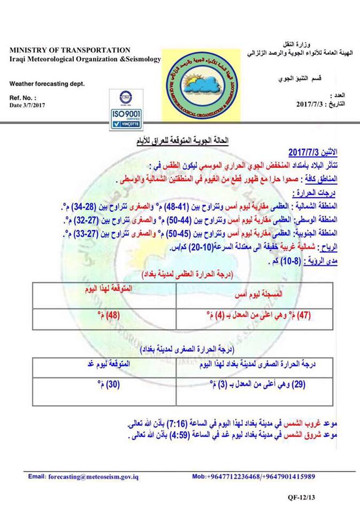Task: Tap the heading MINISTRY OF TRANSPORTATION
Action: tap(70, 50)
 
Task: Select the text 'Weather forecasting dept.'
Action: tap(47, 84)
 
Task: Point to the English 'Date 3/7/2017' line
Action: tap(28, 105)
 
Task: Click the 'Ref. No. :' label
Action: tap(23, 98)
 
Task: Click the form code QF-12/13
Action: tap(302, 498)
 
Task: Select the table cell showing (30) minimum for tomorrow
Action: tap(109, 384)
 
